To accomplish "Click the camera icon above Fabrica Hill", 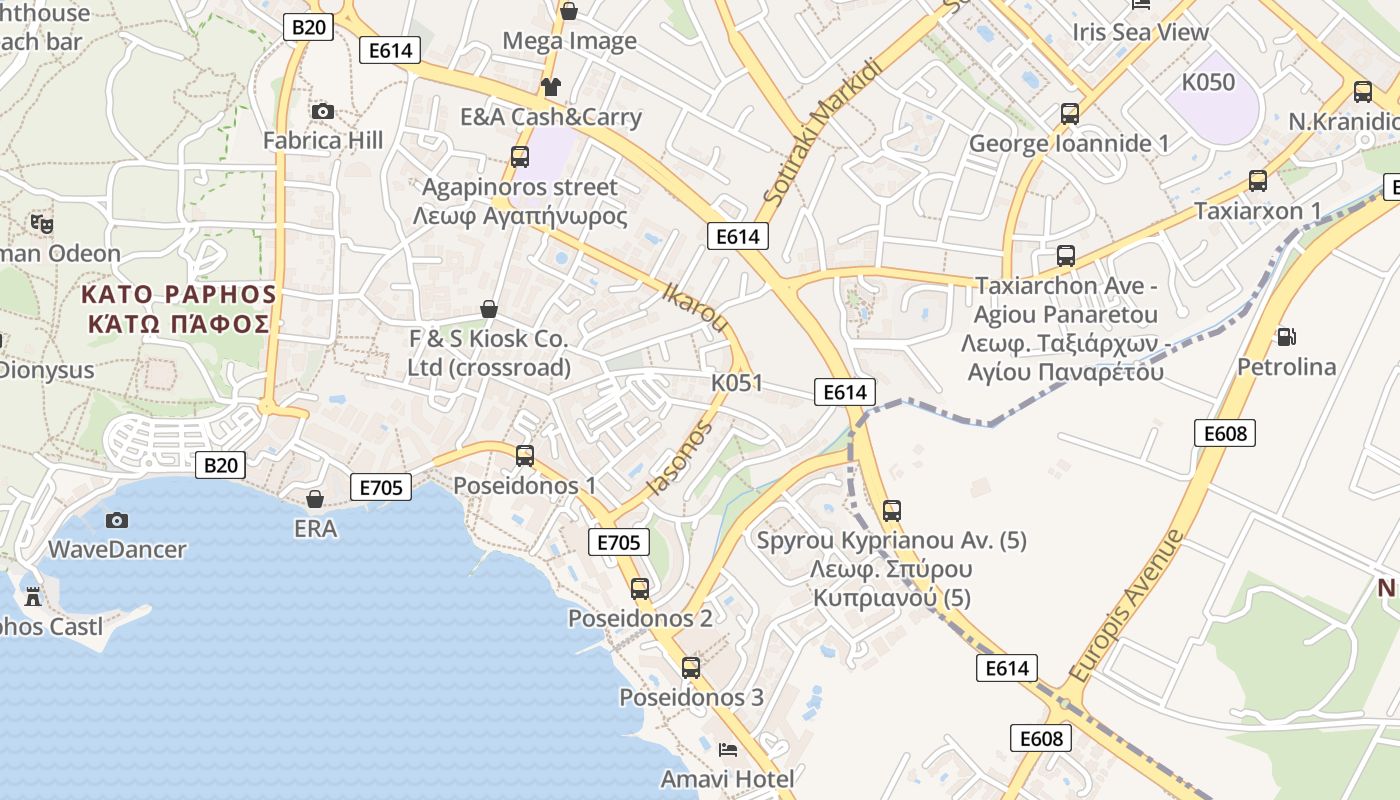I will click(x=322, y=111).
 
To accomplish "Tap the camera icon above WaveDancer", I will click(x=117, y=520).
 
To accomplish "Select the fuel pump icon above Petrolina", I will click(x=1286, y=337).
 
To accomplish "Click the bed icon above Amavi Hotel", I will click(x=728, y=749).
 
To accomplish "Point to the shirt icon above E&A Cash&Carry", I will click(x=550, y=87).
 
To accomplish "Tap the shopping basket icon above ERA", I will click(x=315, y=498).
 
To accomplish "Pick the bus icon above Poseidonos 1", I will click(x=525, y=456).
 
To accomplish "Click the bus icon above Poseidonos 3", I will click(x=691, y=667).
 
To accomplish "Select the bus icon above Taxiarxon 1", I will click(x=1258, y=181).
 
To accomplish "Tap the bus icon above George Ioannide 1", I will click(x=1070, y=114).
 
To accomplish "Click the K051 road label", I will click(x=737, y=382).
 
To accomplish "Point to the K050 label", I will click(x=1208, y=82).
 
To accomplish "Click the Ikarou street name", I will click(x=695, y=307).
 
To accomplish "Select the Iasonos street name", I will click(x=680, y=458).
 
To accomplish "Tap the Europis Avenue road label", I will click(x=1125, y=606).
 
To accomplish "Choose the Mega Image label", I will click(x=569, y=41).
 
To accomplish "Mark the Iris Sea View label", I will click(x=1141, y=32).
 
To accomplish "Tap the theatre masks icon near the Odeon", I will click(x=41, y=223).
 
